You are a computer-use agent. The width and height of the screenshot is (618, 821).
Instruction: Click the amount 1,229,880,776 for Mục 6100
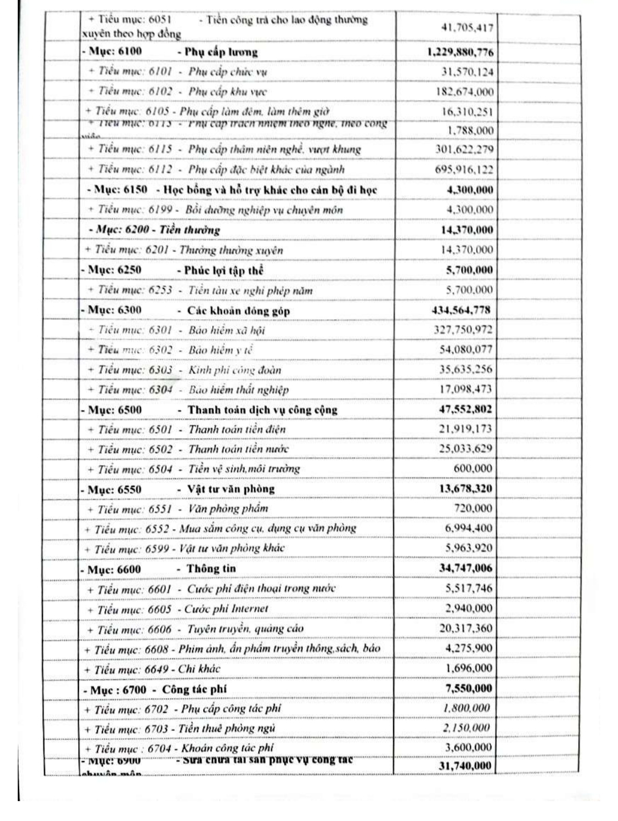click(x=460, y=53)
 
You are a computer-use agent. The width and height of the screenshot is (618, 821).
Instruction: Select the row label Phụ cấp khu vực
click(x=227, y=92)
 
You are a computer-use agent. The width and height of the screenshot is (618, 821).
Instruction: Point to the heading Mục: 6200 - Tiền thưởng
click(x=155, y=230)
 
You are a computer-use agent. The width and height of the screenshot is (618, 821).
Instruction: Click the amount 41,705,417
click(x=467, y=27)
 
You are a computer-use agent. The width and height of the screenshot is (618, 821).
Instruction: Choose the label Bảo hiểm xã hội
click(x=227, y=330)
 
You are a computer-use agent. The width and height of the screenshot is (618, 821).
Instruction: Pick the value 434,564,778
click(x=461, y=310)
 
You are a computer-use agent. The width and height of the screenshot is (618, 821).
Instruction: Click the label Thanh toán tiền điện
click(x=237, y=430)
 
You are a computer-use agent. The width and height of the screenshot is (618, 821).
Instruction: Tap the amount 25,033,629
click(x=465, y=449)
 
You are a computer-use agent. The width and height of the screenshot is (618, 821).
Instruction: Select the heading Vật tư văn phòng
click(x=231, y=489)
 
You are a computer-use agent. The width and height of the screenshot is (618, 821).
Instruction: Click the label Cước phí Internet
click(x=225, y=609)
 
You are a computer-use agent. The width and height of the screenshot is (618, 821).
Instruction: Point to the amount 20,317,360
click(x=465, y=628)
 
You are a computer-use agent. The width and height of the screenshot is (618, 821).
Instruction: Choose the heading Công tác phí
click(x=194, y=689)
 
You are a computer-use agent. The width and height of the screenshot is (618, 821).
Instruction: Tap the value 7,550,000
click(x=469, y=688)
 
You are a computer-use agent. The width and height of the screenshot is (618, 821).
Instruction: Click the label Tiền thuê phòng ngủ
click(x=227, y=728)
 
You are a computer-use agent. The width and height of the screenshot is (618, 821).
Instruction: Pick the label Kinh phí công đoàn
click(x=235, y=370)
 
